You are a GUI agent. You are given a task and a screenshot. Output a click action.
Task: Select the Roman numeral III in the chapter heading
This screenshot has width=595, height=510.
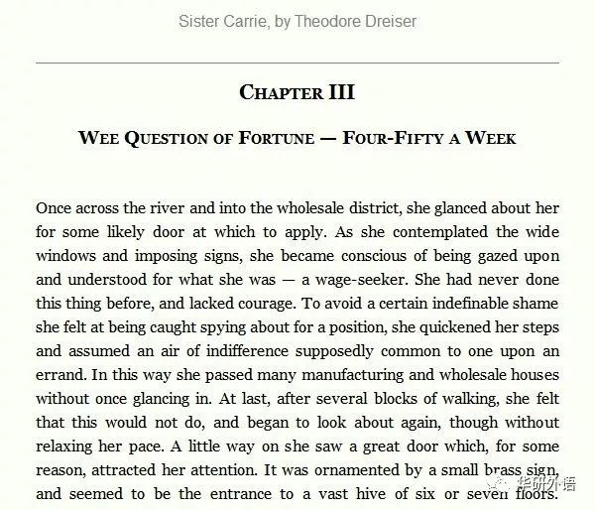pos(340,92)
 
